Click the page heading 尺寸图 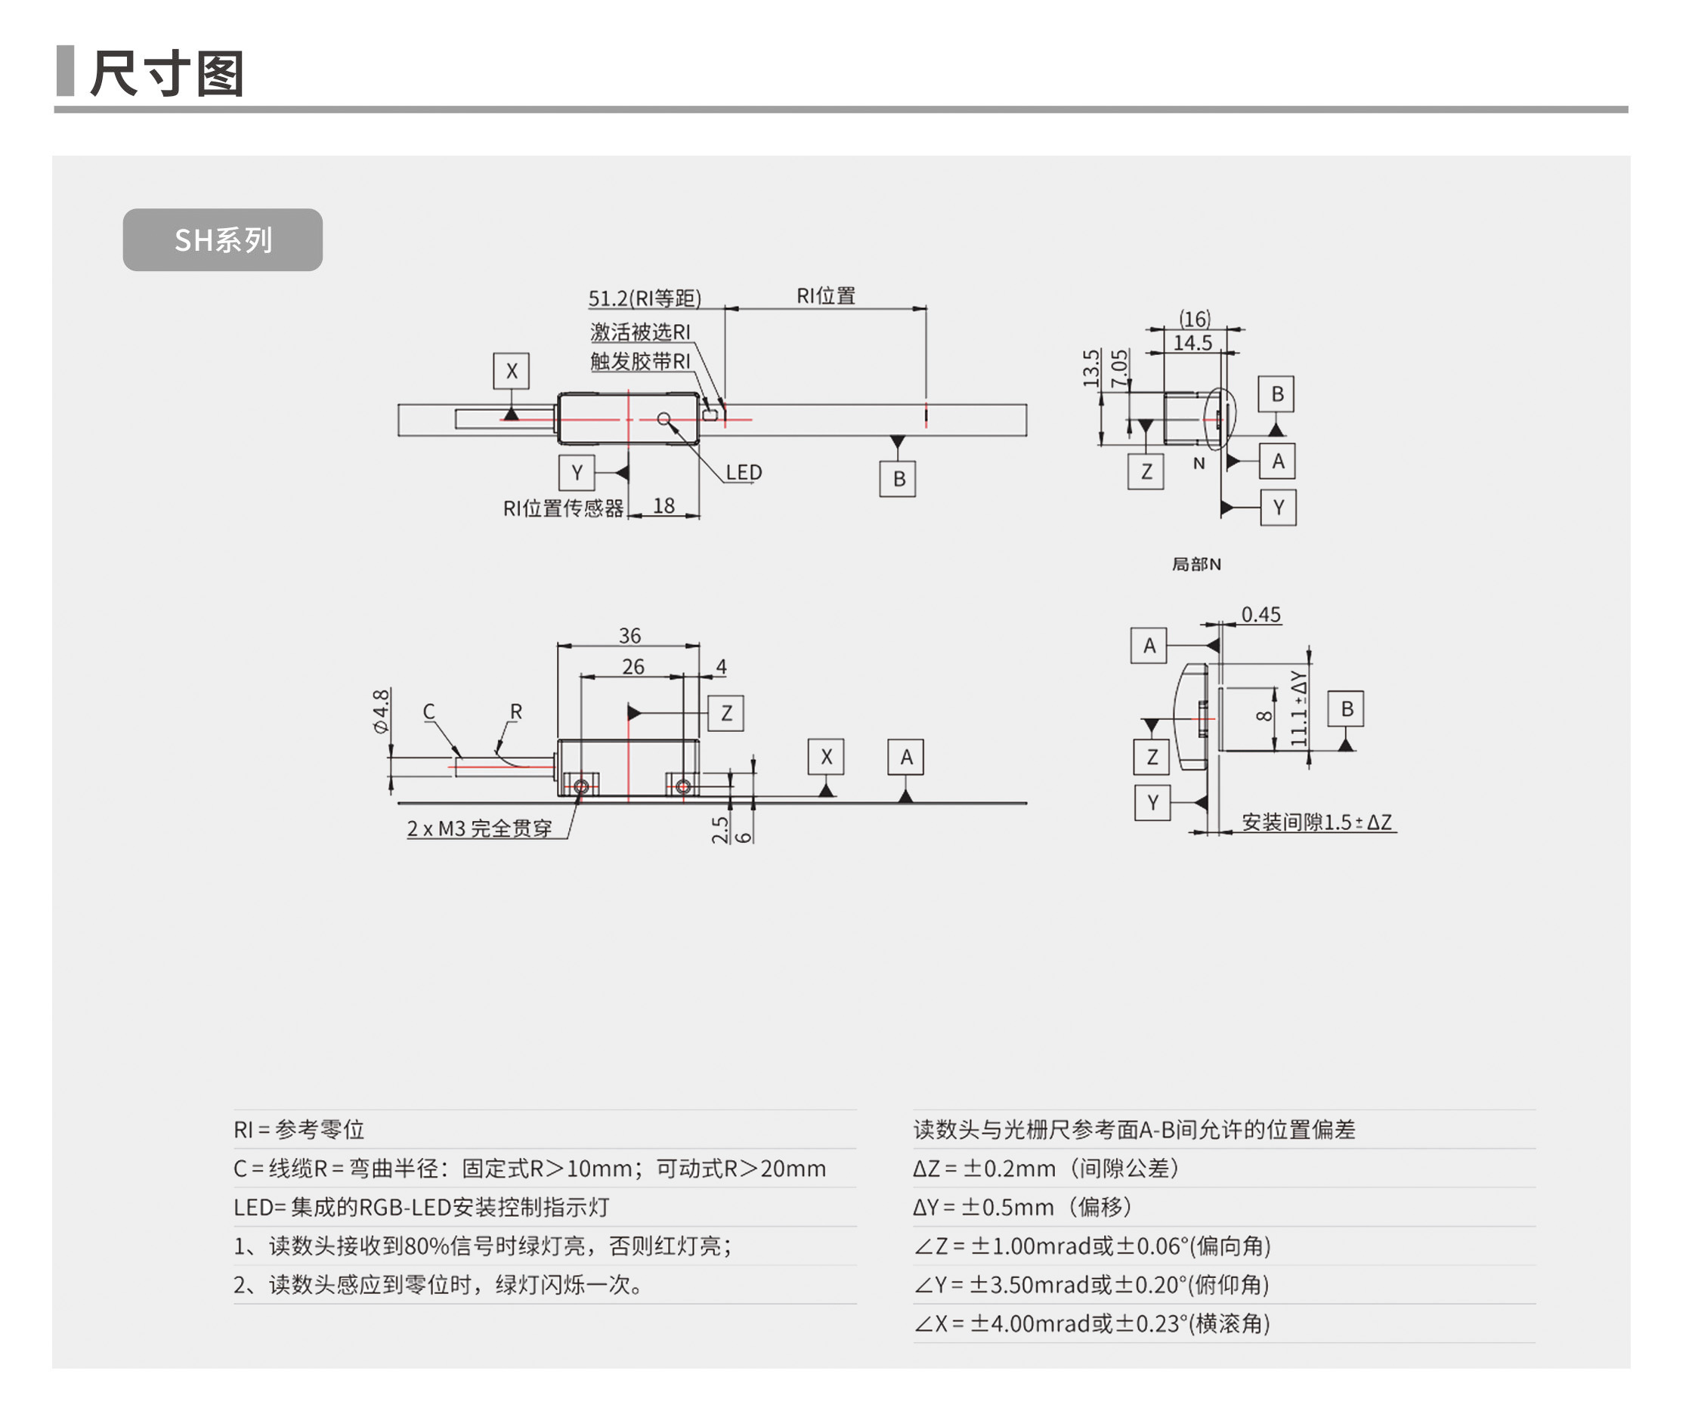pyautogui.click(x=167, y=73)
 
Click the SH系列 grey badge pyautogui.click(x=222, y=240)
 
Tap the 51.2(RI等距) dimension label pyautogui.click(x=644, y=299)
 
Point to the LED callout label pyautogui.click(x=743, y=473)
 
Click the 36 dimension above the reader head pyautogui.click(x=629, y=635)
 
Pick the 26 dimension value pyautogui.click(x=633, y=667)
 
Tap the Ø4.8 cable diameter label pyautogui.click(x=381, y=711)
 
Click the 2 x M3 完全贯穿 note pyautogui.click(x=479, y=828)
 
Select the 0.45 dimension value pyautogui.click(x=1260, y=616)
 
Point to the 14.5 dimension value pyautogui.click(x=1192, y=343)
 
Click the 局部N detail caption pyautogui.click(x=1196, y=565)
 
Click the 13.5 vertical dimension pyautogui.click(x=1091, y=368)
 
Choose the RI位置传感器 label pyautogui.click(x=563, y=508)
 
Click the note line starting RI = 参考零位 pyautogui.click(x=299, y=1129)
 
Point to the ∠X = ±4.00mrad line pyautogui.click(x=1091, y=1323)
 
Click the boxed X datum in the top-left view pyautogui.click(x=511, y=372)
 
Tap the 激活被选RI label pyautogui.click(x=640, y=332)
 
